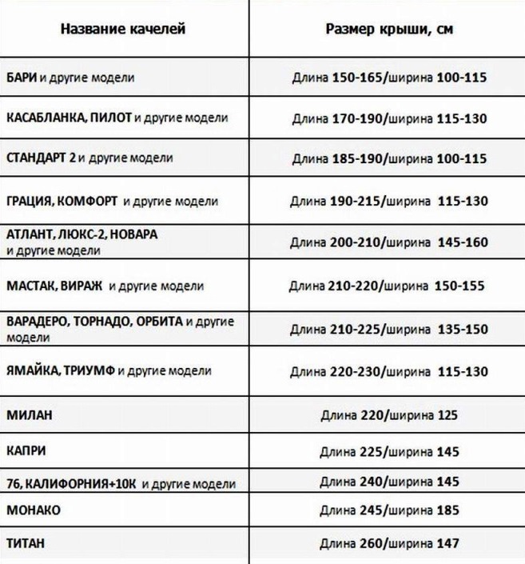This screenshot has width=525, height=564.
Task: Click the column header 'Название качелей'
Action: click(123, 30)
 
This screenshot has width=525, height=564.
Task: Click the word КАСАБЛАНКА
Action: click(46, 118)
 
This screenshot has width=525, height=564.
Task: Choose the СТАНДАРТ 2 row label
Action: click(41, 158)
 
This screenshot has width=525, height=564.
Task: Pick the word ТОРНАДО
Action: click(105, 322)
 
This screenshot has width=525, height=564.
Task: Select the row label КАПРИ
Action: click(26, 451)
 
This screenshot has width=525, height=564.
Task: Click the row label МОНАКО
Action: click(33, 510)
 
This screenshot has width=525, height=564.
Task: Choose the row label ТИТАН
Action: click(25, 543)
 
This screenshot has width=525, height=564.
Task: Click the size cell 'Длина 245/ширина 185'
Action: click(390, 510)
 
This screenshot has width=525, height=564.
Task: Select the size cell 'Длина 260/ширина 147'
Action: click(390, 543)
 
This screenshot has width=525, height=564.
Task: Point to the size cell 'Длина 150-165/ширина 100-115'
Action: click(390, 78)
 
